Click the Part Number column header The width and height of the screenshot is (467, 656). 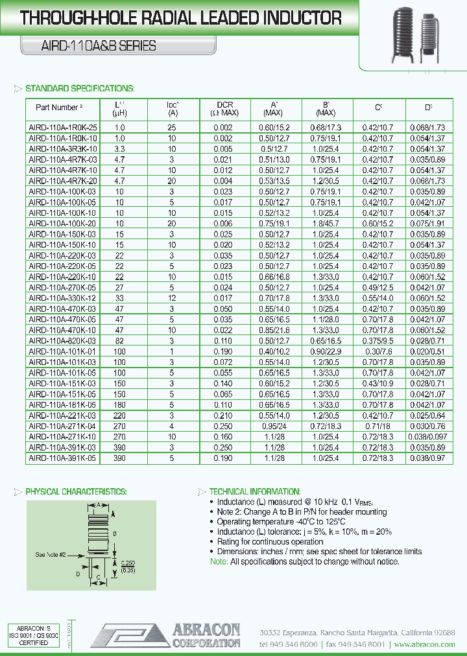point(58,108)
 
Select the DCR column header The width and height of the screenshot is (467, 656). point(225,108)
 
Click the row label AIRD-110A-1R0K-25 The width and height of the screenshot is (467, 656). point(63,128)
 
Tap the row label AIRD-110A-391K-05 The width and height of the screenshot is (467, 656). point(63,458)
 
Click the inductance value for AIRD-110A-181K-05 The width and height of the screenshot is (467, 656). point(119,403)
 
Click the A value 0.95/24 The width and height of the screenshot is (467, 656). point(274,426)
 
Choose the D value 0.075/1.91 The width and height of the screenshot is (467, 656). point(427,222)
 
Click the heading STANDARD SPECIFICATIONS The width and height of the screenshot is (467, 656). point(80,88)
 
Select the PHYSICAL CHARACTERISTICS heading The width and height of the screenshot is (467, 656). point(76,492)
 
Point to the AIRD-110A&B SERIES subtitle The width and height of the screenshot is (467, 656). point(90,45)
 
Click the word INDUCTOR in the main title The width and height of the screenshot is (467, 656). point(297,19)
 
